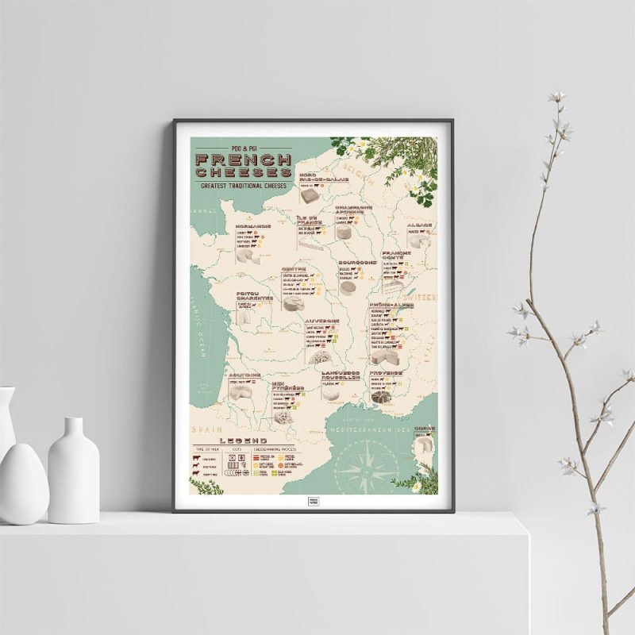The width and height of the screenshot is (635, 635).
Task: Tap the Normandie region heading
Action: (x=254, y=225)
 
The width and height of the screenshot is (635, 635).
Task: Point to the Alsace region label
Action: (x=419, y=225)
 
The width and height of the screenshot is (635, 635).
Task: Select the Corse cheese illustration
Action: (x=421, y=453)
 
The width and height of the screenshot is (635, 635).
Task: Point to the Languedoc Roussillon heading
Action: (x=341, y=374)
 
